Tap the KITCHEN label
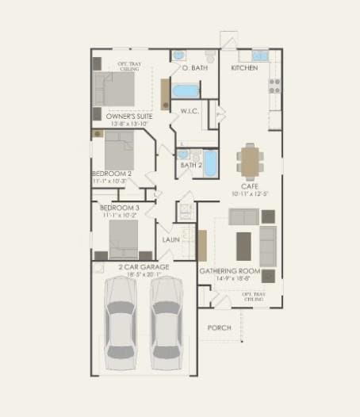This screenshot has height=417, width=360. pos(243,68)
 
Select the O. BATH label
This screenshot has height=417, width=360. pos(194,68)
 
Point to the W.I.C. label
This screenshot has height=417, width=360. pos(189,112)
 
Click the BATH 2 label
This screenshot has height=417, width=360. pos(191,166)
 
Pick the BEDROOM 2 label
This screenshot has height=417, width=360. pos(112,174)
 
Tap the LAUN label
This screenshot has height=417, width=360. pos(170,239)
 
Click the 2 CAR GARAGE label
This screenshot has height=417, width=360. pos(144,267)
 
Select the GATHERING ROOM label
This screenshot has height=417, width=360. pos(230,271)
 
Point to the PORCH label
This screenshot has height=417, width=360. pos(219,327)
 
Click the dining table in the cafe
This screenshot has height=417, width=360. pos(250,161)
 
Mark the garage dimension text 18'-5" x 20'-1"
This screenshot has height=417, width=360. pos(144,275)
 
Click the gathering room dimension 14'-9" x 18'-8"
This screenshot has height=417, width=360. pos(230,278)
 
